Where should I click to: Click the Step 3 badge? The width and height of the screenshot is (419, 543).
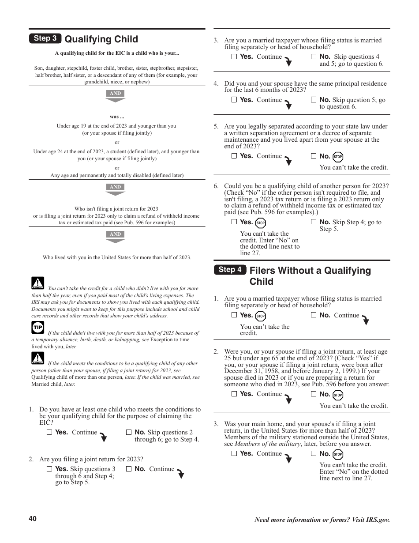click(45, 38)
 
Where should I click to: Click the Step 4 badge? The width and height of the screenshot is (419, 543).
click(230, 270)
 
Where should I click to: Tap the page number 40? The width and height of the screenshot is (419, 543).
click(33, 519)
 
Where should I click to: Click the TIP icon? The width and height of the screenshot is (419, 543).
click(38, 327)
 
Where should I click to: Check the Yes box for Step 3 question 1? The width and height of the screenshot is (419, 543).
click(49, 433)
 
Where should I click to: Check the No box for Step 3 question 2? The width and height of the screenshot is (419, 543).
click(129, 469)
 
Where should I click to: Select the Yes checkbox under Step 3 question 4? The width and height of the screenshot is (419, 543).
click(234, 100)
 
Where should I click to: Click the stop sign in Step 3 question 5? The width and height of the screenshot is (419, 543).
click(338, 157)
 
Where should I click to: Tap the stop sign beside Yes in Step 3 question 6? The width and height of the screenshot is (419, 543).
click(261, 223)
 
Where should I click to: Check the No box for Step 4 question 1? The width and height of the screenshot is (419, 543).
click(314, 315)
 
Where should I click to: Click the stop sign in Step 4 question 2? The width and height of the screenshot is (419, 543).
click(338, 395)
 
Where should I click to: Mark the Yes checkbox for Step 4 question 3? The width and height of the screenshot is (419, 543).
click(234, 453)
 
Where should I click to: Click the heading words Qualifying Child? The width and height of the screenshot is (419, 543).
click(101, 39)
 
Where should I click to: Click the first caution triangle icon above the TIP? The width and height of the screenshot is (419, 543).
click(38, 283)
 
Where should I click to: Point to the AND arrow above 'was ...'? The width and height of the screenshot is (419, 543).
click(115, 96)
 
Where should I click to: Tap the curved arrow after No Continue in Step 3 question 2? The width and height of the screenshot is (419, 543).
click(180, 474)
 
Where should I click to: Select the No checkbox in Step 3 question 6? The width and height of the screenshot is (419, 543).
click(314, 222)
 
